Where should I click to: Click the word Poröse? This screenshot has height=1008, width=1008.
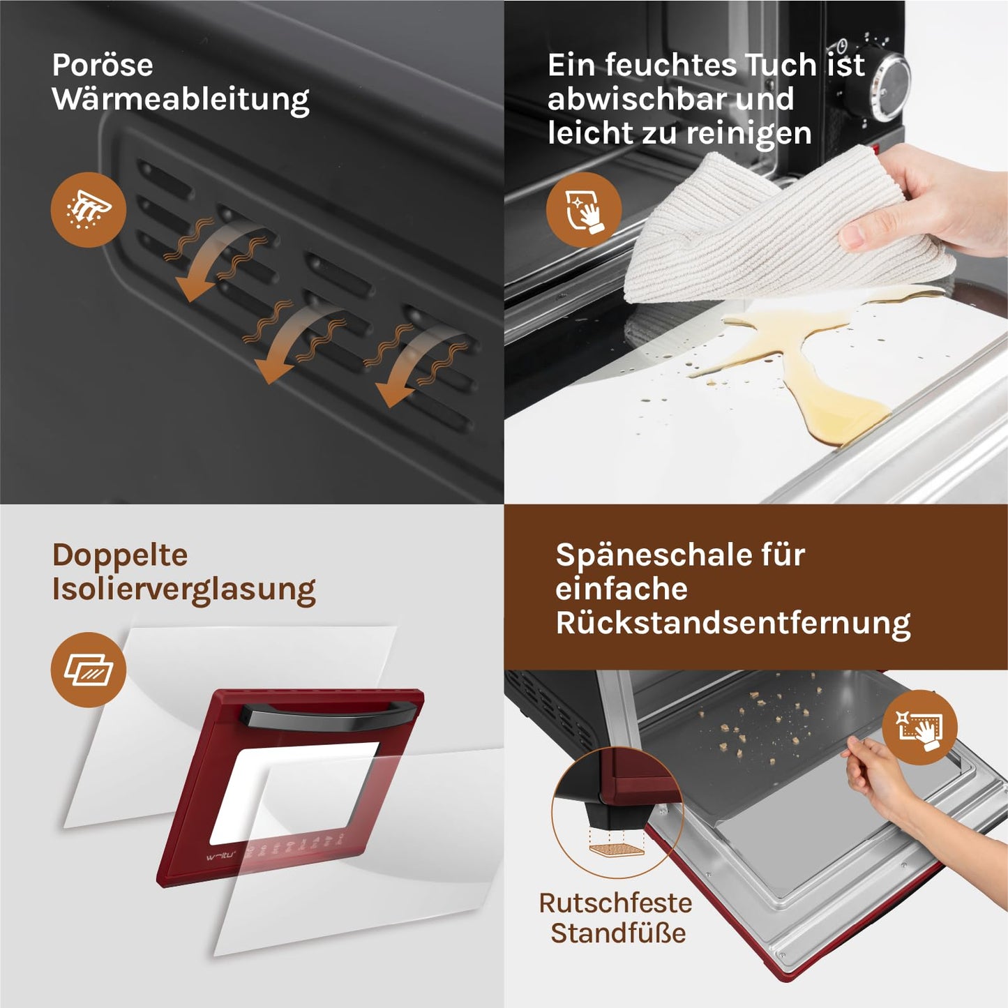point(103,66)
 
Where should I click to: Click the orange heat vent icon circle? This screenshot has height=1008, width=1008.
point(89,210)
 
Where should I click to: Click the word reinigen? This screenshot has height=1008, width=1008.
point(749,135)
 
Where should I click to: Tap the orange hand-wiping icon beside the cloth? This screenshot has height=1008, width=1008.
point(585,210)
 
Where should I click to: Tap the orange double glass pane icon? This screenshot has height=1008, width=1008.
point(89,670)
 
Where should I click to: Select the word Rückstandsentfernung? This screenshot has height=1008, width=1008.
point(733,624)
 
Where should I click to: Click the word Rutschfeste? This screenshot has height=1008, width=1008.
point(616,903)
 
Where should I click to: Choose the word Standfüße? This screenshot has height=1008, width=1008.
point(618,934)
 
